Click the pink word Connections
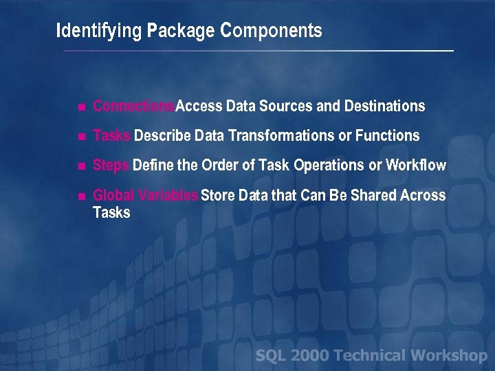coord(134,106)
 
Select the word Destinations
coord(384,106)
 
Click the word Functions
coord(387,136)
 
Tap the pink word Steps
coord(111,166)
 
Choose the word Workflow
coord(416,166)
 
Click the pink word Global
coord(113,196)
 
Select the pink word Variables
coord(168,196)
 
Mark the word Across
coord(423,196)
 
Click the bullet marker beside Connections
coord(81,107)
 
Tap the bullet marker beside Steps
coord(81,166)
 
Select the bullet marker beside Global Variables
coord(81,196)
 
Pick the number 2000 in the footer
coord(311,356)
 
